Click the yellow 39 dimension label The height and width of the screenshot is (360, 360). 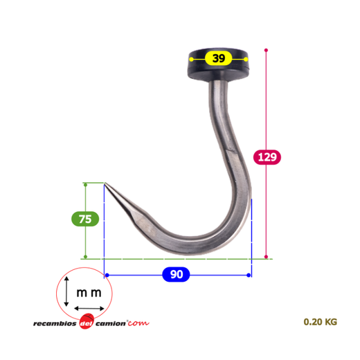click(x=218, y=58)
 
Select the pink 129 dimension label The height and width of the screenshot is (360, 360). click(x=267, y=157)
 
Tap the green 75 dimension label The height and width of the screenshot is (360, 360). click(x=85, y=219)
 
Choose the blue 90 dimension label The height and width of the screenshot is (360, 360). click(x=176, y=274)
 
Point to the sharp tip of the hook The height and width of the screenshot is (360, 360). click(x=105, y=183)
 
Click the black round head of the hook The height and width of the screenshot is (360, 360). click(x=218, y=64)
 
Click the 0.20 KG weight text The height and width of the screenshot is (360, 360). click(x=321, y=322)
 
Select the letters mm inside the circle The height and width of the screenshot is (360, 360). click(x=89, y=293)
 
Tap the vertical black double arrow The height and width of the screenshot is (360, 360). click(x=66, y=291)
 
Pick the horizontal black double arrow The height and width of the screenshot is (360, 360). click(x=89, y=308)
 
